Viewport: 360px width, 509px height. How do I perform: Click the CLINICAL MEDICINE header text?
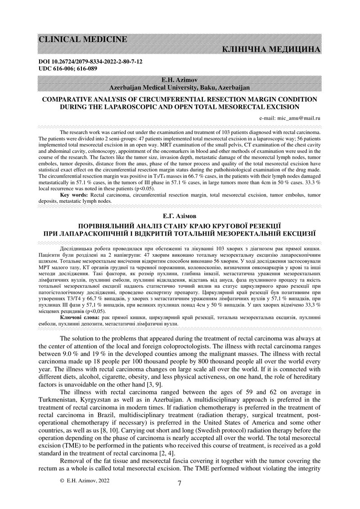82,39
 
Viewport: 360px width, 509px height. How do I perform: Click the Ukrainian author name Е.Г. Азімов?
180,216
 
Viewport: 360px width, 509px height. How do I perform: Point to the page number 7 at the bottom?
180,484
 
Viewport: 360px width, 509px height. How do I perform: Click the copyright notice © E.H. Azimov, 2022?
84,481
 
